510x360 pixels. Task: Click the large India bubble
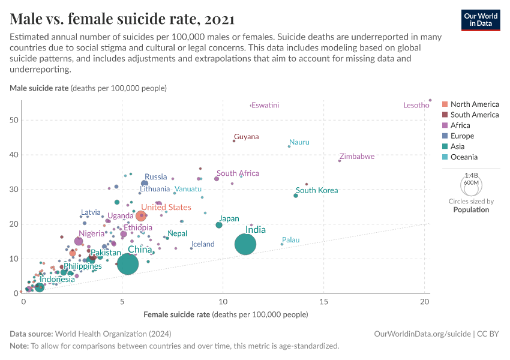click(245, 244)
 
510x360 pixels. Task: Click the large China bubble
click(128, 263)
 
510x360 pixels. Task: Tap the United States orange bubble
click(141, 216)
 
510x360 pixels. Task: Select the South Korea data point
click(296, 196)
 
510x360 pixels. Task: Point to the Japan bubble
click(219, 225)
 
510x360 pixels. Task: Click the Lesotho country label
click(416, 106)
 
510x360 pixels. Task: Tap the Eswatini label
click(265, 106)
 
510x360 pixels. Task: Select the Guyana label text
click(247, 137)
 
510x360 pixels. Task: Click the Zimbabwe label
click(357, 157)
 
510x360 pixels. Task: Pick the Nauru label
click(299, 142)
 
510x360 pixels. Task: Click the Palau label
click(290, 240)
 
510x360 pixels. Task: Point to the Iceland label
click(203, 244)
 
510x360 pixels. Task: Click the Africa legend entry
click(460, 125)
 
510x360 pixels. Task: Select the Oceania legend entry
click(464, 157)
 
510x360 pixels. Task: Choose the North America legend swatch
click(445, 104)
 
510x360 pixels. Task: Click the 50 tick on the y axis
click(14, 120)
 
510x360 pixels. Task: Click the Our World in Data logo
click(480, 20)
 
